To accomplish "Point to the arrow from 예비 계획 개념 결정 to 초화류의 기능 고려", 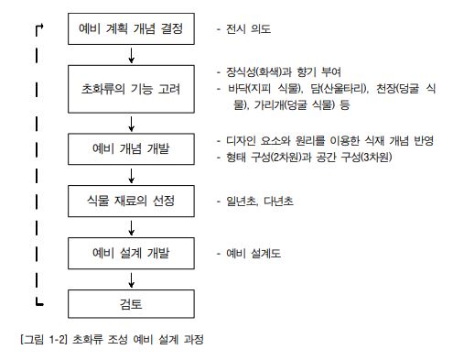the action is coord(131,55).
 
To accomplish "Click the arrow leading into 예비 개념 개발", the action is coord(131,124).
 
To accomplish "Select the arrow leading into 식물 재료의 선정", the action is coord(131,176).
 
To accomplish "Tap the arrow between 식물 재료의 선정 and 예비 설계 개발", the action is coord(131,228).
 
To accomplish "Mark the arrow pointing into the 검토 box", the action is coord(131,280).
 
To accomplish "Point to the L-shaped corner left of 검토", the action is coord(37,304).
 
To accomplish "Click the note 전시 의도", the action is coord(248,29).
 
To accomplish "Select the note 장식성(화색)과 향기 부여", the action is coord(284,72).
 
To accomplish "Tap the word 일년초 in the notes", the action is coord(241,201).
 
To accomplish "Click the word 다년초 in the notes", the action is coord(278,201).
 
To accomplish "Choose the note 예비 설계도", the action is coord(253,254).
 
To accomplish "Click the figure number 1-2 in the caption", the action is coord(57,339).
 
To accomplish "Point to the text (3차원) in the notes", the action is coord(376,158).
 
